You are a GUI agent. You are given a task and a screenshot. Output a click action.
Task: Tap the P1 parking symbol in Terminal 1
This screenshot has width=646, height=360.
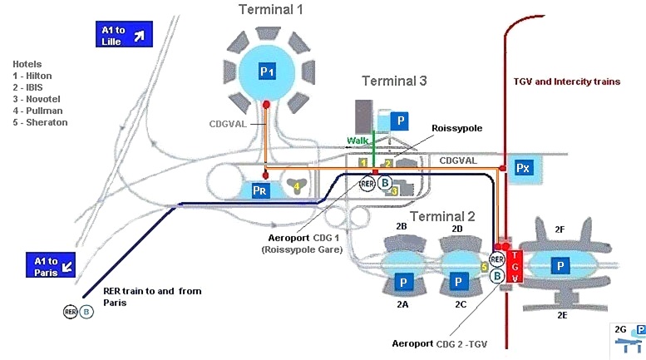[266, 72]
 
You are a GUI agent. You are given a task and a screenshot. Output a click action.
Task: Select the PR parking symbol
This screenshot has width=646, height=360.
[259, 191]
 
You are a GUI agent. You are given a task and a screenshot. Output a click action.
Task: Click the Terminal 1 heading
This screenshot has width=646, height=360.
[270, 10]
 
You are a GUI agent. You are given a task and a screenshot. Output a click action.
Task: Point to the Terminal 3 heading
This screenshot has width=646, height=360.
[394, 81]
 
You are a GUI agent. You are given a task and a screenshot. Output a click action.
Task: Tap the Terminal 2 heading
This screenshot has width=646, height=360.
[442, 216]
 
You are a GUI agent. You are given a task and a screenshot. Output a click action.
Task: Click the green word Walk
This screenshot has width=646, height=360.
[358, 141]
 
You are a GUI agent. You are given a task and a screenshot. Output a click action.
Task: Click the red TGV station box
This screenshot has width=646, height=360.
[515, 266]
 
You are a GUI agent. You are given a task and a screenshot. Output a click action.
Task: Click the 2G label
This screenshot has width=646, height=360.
[619, 328]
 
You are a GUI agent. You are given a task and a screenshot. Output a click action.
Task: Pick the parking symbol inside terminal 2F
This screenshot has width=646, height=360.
[562, 265]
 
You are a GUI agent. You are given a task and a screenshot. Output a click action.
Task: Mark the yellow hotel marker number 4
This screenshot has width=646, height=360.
[297, 187]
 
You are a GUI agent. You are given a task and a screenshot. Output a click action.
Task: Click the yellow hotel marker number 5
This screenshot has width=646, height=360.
[485, 267]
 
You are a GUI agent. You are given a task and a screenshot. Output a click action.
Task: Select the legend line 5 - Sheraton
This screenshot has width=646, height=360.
[40, 122]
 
